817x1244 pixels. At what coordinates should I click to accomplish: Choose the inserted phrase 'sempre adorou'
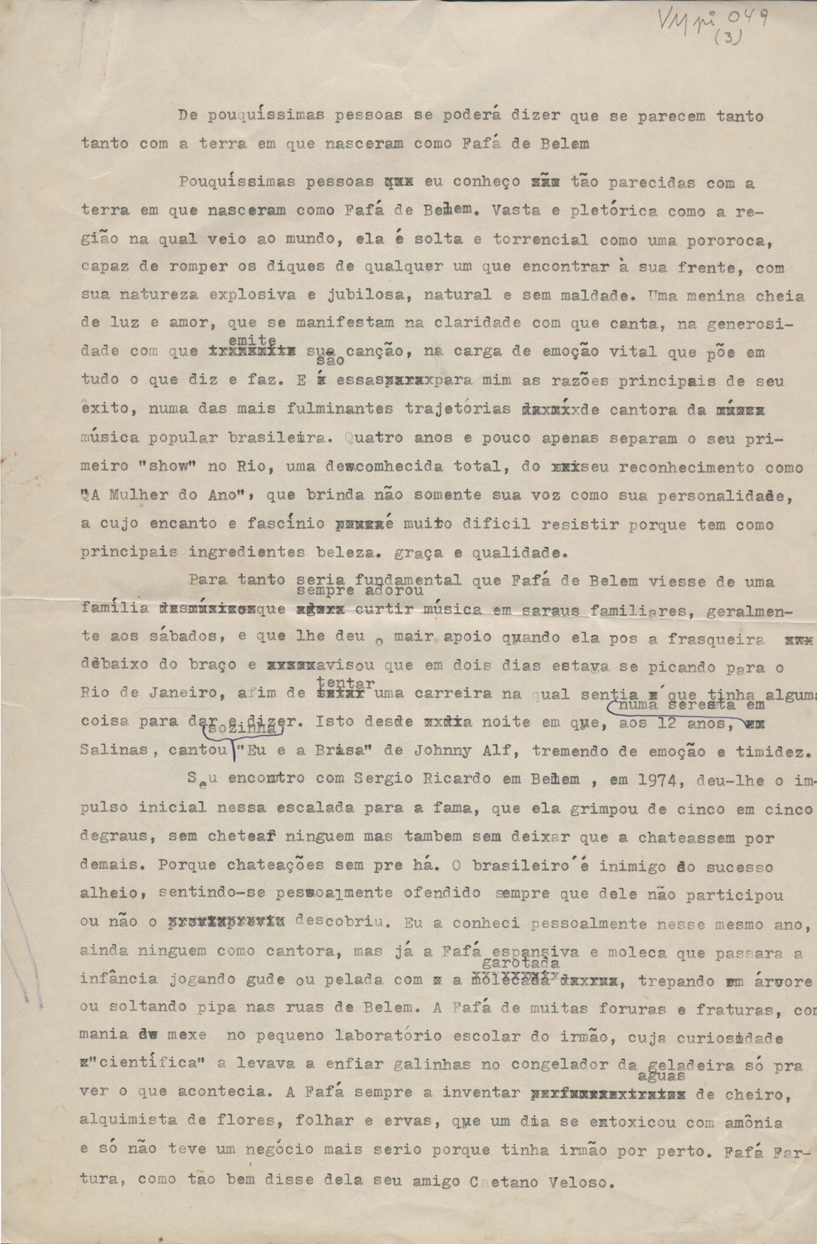(360, 591)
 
